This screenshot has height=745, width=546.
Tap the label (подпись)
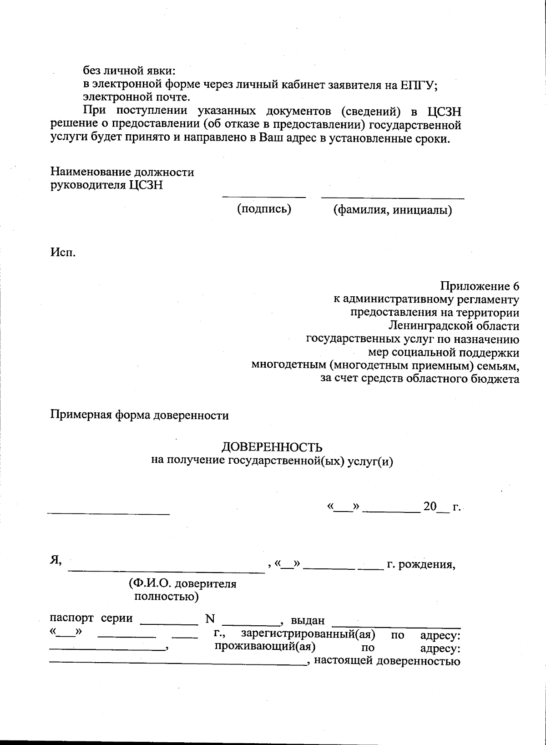click(x=264, y=209)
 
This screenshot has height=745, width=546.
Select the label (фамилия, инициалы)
click(x=392, y=210)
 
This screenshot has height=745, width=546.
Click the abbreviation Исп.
click(x=63, y=252)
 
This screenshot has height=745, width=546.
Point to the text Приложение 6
click(x=479, y=286)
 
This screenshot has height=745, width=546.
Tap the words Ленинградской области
click(x=454, y=326)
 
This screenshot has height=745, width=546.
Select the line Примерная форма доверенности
click(x=139, y=415)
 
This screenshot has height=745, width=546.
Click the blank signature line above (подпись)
click(x=264, y=197)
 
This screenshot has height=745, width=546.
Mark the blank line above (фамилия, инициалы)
click(x=393, y=198)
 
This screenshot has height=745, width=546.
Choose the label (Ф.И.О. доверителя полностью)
click(x=182, y=590)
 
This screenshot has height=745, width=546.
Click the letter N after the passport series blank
click(x=210, y=619)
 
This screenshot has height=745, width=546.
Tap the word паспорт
click(x=71, y=618)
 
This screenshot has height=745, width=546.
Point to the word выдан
click(x=308, y=620)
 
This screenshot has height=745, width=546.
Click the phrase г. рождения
click(x=421, y=565)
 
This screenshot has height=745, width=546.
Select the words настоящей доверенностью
click(x=387, y=661)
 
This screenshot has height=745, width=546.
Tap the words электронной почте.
click(x=136, y=97)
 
